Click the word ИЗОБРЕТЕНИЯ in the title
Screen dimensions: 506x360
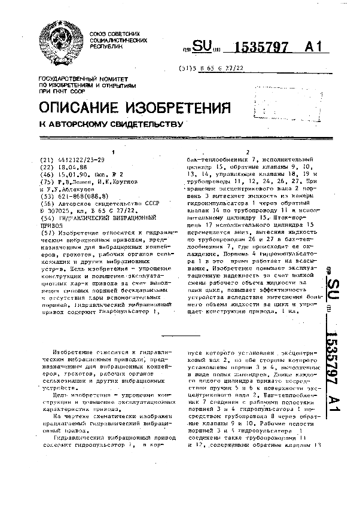click(179, 108)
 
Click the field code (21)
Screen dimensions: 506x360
click(45, 160)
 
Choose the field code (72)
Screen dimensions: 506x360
click(45, 185)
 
